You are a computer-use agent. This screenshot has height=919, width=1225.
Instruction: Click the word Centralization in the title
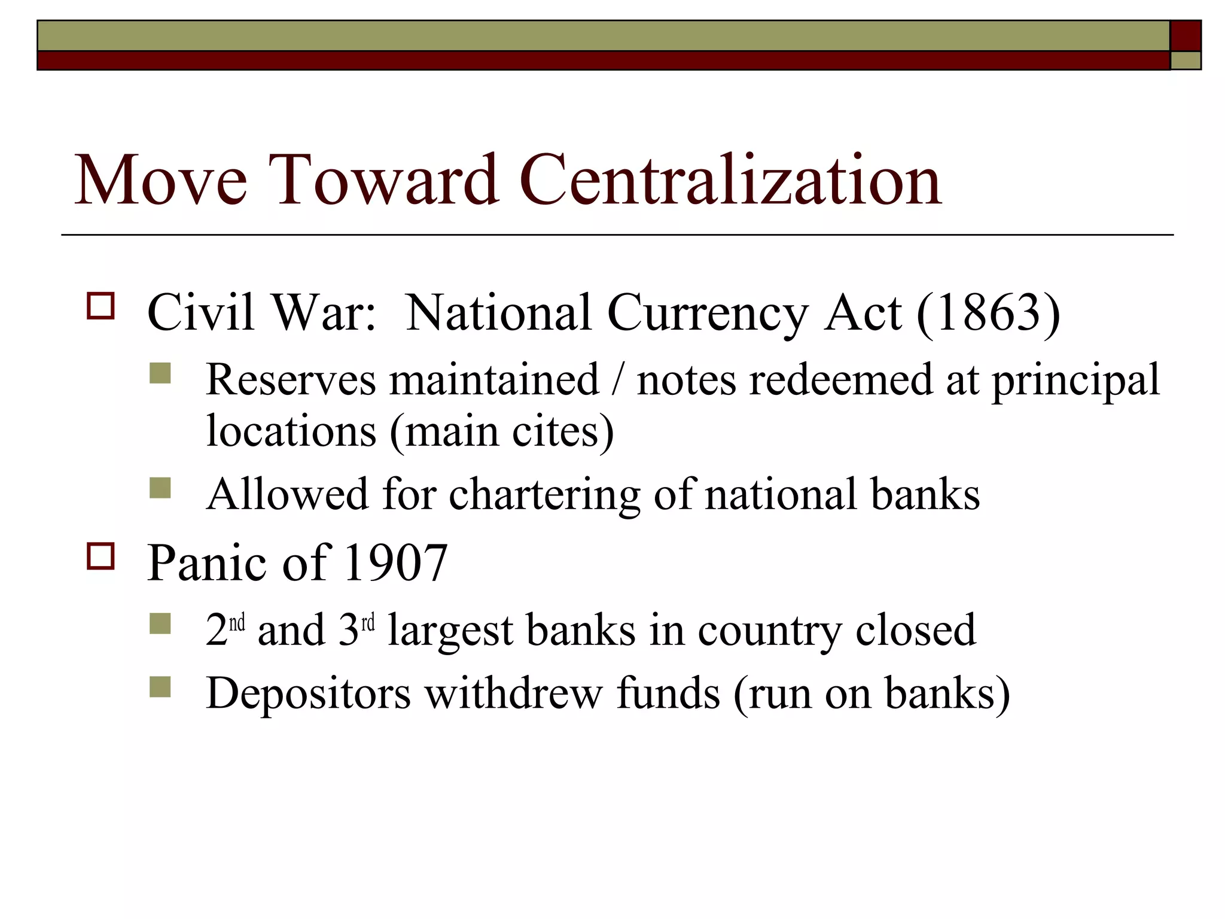point(730,179)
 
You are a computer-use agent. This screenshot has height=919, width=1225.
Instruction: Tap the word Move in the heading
point(160,179)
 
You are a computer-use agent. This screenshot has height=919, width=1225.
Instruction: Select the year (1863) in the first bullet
point(988,313)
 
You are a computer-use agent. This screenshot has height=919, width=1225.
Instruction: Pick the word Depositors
point(308,693)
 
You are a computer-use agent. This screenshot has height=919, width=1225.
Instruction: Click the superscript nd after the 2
point(237,623)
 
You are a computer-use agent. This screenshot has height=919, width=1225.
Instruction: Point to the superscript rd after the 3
point(368,623)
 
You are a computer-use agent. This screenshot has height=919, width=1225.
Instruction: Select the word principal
point(1075,381)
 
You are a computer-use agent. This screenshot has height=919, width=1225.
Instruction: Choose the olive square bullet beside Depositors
point(160,687)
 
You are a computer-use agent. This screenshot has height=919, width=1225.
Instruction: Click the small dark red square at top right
point(1186,36)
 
